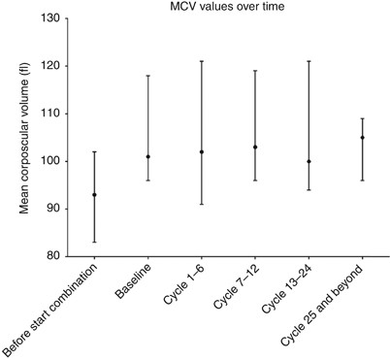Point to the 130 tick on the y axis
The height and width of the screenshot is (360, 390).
click(54, 18)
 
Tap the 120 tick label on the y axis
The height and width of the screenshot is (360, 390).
click(54, 66)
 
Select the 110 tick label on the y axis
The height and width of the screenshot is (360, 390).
click(54, 114)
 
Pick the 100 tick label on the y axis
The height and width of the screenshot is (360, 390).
click(54, 161)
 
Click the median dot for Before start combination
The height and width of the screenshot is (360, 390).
click(94, 194)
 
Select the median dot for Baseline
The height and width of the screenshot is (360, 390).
click(147, 156)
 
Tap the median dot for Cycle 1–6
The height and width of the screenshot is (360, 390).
click(201, 151)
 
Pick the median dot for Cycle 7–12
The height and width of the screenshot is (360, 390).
click(254, 147)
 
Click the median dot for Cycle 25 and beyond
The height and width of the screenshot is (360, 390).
click(362, 137)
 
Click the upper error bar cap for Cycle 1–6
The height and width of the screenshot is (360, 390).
click(201, 61)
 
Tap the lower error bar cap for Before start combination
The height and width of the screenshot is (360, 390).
click(94, 242)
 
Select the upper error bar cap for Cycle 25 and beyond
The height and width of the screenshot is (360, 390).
click(362, 118)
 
